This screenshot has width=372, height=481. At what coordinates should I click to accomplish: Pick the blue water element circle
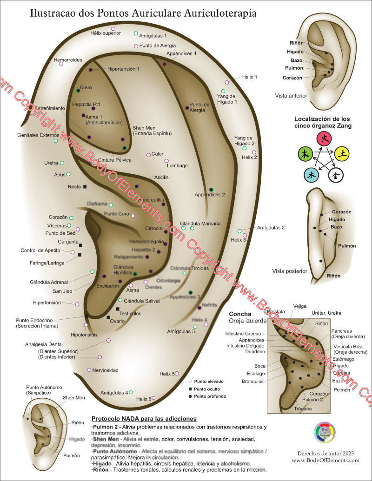click(x=311, y=175)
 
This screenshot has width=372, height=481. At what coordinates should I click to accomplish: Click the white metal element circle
click(x=335, y=175)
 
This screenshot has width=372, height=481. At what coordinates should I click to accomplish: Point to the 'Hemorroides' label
click(x=68, y=60)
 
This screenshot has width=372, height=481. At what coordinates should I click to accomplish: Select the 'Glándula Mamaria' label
click(x=200, y=224)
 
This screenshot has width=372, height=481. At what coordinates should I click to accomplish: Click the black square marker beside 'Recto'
click(x=85, y=186)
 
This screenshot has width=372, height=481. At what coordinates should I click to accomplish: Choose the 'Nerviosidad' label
click(x=106, y=370)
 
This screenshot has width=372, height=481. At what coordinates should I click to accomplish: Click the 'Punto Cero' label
click(x=116, y=214)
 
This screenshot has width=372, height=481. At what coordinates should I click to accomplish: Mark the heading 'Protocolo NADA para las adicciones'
click(x=144, y=419)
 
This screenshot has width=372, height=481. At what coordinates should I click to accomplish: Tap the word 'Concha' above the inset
click(x=240, y=314)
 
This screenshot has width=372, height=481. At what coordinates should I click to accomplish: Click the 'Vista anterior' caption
click(x=291, y=96)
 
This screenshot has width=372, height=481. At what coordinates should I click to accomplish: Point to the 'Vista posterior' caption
click(x=290, y=271)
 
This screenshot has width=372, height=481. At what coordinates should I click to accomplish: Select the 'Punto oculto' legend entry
click(x=207, y=389)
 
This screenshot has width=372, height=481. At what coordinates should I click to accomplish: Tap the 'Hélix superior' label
click(x=106, y=33)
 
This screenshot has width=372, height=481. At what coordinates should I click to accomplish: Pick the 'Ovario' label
click(x=117, y=321)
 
